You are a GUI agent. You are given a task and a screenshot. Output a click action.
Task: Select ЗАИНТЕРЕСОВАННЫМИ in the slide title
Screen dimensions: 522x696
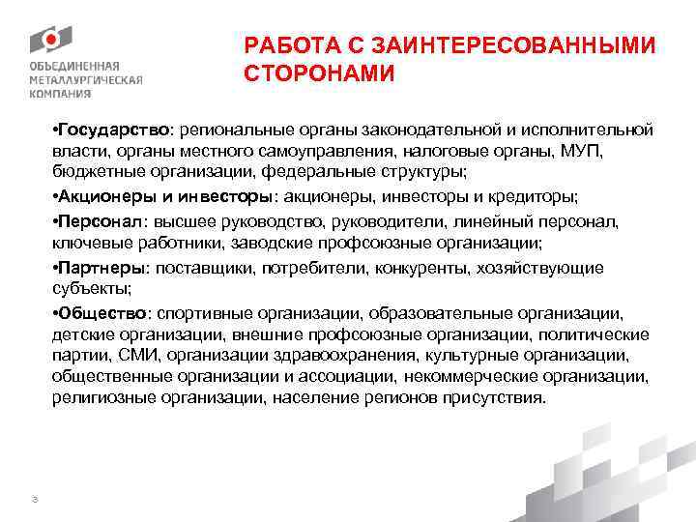504,45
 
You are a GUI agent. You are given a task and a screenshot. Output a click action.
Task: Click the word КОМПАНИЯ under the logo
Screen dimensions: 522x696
61,95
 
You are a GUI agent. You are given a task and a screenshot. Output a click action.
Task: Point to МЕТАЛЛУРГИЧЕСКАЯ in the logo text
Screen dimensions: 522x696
85,80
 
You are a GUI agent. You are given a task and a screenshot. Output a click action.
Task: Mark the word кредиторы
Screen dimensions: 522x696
536,196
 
